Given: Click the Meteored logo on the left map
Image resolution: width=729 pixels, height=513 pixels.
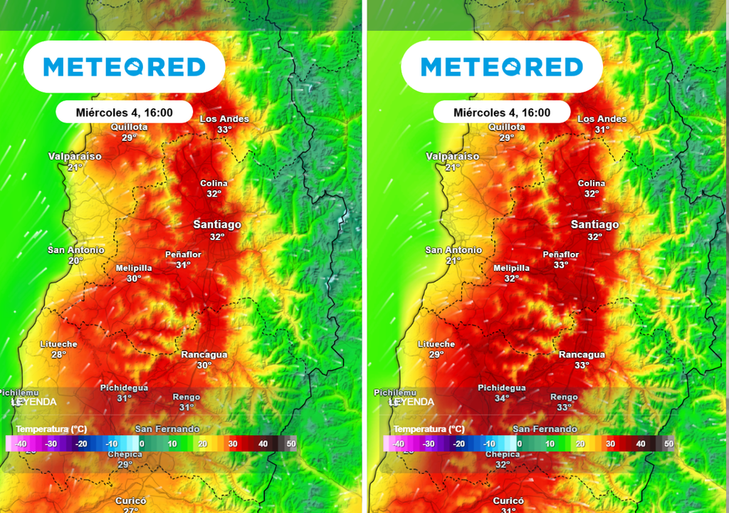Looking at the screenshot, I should coord(125,67).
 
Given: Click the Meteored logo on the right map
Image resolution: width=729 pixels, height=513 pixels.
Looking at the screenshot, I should coord(502,67).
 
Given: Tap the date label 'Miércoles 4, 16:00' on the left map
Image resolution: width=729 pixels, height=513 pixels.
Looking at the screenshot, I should coord(125,113).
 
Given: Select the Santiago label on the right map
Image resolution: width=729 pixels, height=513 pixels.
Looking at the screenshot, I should coord(594,224).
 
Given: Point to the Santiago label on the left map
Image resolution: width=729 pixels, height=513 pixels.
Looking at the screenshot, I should coord(217,224).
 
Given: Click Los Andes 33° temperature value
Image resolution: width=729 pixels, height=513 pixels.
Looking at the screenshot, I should coord(225,130).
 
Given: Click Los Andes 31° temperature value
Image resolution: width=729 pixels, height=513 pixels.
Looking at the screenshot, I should coord(602,130).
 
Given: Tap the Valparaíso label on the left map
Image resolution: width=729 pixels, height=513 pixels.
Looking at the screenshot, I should coord(75,156).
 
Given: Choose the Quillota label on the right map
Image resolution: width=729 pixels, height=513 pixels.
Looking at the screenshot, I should coord(506,128).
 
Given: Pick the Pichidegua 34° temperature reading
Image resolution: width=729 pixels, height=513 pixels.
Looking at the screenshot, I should coord(502,398).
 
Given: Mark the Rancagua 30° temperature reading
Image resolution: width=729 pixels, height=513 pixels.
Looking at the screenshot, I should coord(204,365).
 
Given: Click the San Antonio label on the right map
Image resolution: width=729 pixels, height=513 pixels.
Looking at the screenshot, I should coord(453,250).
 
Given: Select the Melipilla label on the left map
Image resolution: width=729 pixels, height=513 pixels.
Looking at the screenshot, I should coord(134,269).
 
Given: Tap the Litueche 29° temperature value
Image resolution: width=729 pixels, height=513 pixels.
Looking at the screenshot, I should coord(436,354).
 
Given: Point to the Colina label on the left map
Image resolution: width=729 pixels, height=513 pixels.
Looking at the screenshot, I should coord(214,184).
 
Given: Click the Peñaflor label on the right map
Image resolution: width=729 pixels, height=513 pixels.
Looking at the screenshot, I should coord(561,254).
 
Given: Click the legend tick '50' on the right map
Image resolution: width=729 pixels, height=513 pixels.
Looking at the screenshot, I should coord(668,444).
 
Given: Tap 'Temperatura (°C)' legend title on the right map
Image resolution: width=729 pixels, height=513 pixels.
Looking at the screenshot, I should coord(429,429).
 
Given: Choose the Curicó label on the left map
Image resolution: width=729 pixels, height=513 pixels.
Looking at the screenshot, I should coord(131,501).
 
